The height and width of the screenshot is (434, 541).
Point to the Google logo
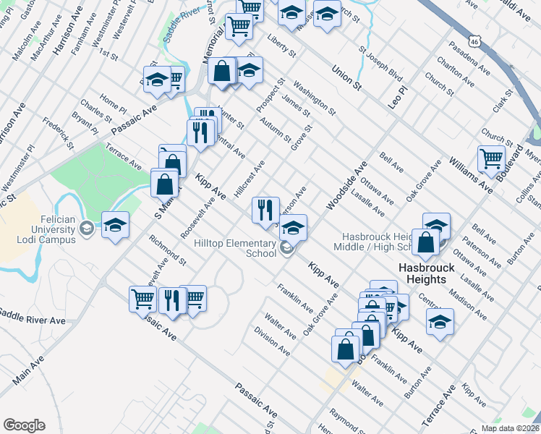pos(24,425)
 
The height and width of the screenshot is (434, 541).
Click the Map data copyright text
pos(510,428)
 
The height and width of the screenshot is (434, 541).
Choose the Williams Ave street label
pos(471,177)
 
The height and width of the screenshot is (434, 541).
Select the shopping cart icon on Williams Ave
pos(491,158)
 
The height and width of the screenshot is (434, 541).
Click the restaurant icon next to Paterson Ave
pos(265,209)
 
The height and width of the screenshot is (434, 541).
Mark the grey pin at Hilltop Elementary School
pos(287,250)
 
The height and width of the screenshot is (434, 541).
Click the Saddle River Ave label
pos(33,317)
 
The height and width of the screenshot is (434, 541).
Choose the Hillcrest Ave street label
pos(250,181)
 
